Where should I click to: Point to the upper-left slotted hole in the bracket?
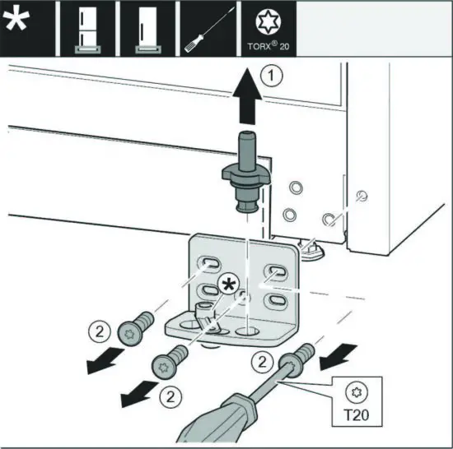click(x=208, y=263)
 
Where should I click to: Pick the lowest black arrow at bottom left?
click(x=133, y=397)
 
